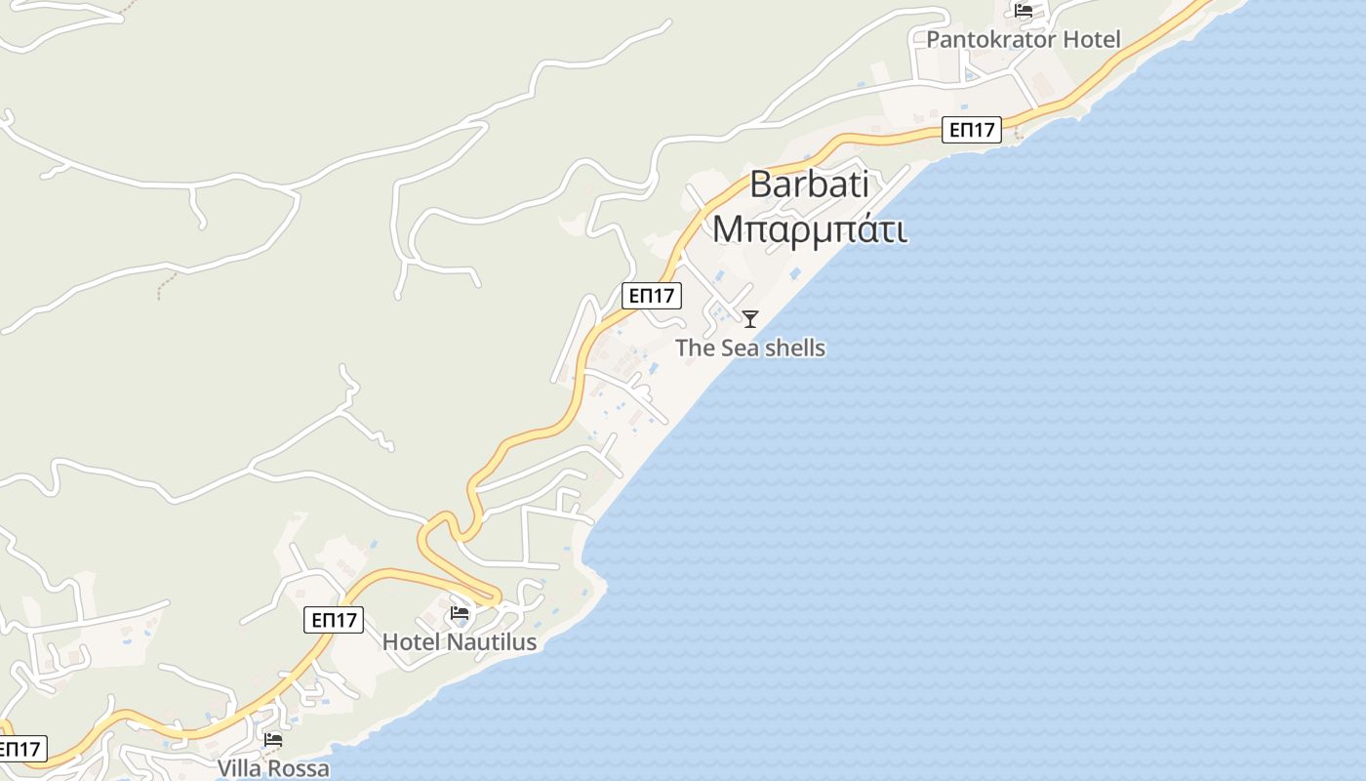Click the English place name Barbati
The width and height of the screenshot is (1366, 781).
tap(809, 184)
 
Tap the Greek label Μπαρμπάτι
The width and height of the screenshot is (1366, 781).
tap(809, 228)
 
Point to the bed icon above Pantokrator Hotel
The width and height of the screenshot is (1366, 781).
tap(1024, 11)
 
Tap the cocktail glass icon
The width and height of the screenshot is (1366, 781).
tap(750, 319)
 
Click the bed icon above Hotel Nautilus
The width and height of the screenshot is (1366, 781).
tap(460, 614)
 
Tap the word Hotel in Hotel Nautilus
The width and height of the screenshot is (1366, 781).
tap(410, 642)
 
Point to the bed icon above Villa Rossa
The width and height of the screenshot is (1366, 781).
tap(273, 740)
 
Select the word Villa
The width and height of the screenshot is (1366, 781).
tap(239, 769)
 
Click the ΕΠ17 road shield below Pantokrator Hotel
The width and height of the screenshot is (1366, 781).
tap(972, 130)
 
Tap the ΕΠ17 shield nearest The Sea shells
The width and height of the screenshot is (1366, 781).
tap(652, 296)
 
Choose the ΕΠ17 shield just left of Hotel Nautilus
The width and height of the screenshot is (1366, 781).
tap(334, 620)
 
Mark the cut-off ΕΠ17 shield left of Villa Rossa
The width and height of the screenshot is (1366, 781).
tap(20, 750)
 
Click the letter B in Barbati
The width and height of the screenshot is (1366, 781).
tap(762, 184)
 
